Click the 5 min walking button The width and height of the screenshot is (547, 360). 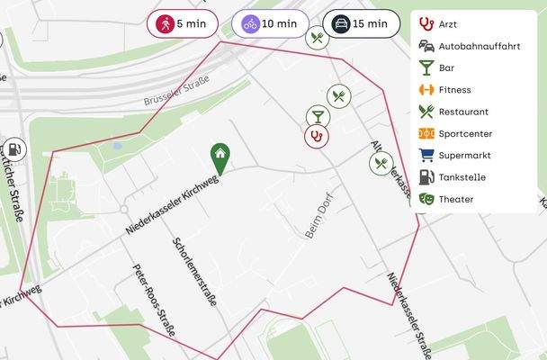point(183,23)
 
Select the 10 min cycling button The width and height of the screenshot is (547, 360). point(270,23)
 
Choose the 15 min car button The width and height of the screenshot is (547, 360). point(361,23)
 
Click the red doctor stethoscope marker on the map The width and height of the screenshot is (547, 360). point(317,136)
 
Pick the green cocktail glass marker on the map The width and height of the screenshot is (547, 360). point(317,116)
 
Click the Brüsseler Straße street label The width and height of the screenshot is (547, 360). point(176,93)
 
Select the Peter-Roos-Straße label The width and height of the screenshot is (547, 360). point(154,300)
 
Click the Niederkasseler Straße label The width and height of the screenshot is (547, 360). point(410,312)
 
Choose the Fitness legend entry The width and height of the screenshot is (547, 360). point(454,90)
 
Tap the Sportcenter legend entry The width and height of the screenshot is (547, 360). point(464,133)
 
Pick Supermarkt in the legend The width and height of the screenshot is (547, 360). point(464,155)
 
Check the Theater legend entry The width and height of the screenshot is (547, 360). point(455,199)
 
